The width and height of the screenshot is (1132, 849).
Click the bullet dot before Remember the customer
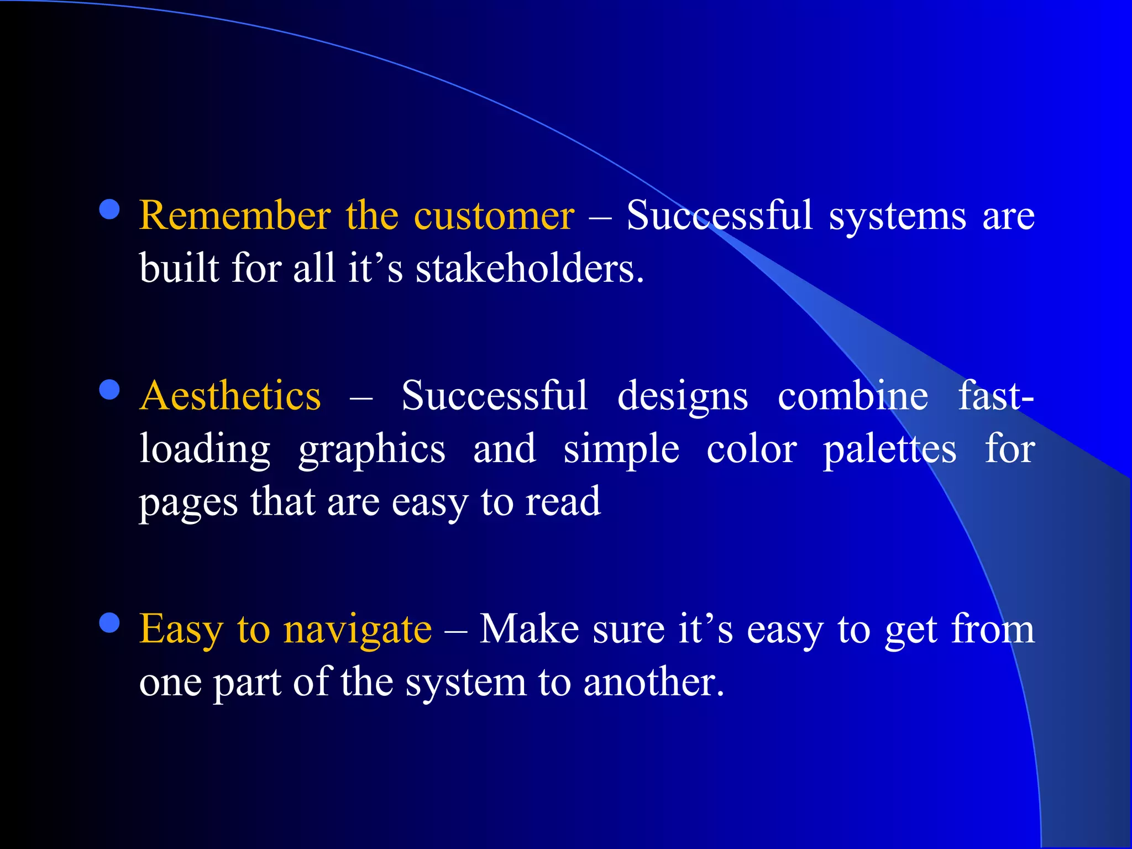(109, 210)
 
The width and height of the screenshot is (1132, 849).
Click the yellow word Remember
(235, 215)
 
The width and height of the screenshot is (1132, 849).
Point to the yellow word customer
(494, 215)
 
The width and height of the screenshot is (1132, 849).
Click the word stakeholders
(530, 269)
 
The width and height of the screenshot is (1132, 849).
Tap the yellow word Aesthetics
(230, 395)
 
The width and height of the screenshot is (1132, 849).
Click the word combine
(852, 395)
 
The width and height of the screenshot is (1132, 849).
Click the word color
(751, 449)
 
